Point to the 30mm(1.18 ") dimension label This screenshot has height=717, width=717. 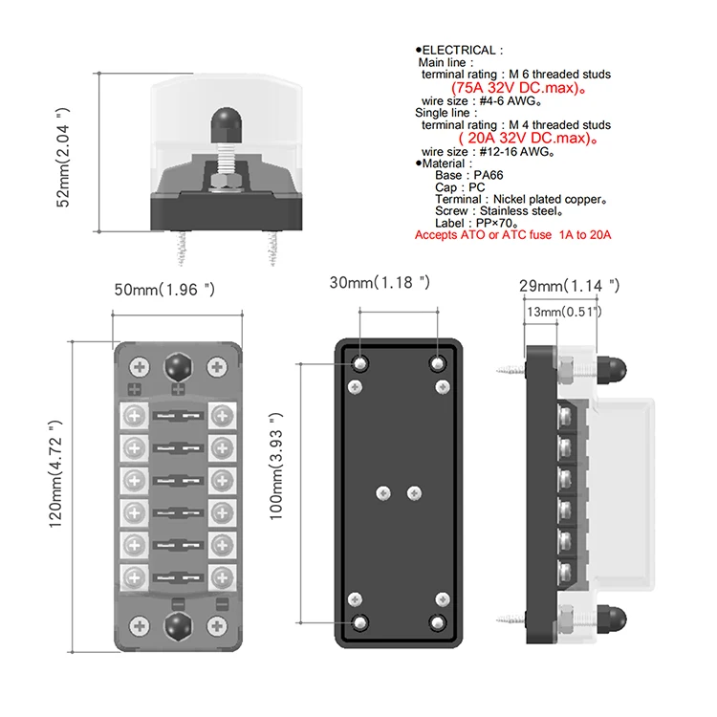pyautogui.click(x=380, y=283)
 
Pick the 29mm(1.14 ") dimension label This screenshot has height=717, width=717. pyautogui.click(x=569, y=285)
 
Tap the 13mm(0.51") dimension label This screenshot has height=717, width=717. pyautogui.click(x=563, y=312)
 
